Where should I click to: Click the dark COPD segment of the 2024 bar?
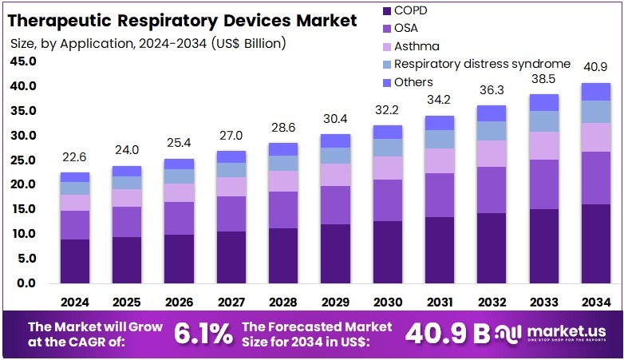coord(75,261)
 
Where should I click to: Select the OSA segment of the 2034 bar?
coord(596,178)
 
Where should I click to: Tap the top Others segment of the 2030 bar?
coord(388,132)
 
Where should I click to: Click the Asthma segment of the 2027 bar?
coord(231,187)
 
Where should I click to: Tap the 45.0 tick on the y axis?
coord(25,61)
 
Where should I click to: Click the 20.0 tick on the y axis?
coord(25,184)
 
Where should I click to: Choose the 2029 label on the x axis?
coord(335,302)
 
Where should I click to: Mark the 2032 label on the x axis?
coord(492,302)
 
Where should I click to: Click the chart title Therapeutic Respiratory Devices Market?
coord(184,21)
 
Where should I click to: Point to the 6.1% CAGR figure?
coord(205,334)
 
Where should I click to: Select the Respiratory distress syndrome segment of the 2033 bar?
coord(544,121)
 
